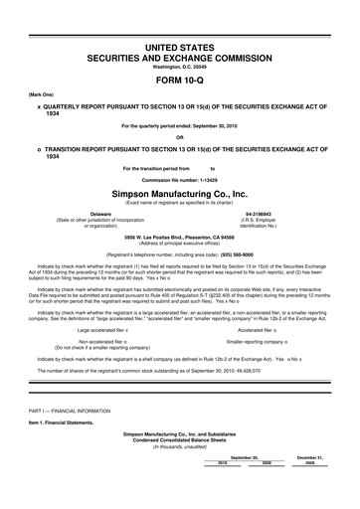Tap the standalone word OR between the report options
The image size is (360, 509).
180,137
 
